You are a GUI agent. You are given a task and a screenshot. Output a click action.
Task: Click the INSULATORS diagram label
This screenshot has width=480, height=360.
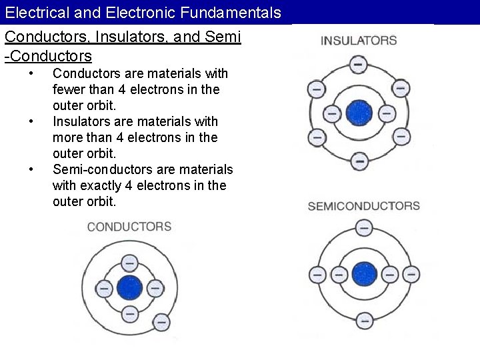click(359, 41)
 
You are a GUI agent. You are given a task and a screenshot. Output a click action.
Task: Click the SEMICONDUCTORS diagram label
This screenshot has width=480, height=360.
click(364, 206)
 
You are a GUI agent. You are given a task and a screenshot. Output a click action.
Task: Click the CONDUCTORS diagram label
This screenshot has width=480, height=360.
click(129, 227)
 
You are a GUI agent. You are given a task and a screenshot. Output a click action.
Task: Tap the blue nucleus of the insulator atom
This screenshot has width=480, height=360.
click(359, 113)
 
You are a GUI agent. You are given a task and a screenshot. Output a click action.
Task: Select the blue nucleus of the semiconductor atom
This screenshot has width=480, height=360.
click(364, 274)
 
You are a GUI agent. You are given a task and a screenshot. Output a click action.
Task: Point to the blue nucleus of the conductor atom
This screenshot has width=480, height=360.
click(129, 288)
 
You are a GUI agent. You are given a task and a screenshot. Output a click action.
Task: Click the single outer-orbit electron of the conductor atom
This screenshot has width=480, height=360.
click(161, 322)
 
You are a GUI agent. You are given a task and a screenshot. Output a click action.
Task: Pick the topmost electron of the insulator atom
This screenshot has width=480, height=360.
click(359, 65)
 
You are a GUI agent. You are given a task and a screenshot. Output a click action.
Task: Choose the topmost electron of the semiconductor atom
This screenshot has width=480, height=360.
click(364, 228)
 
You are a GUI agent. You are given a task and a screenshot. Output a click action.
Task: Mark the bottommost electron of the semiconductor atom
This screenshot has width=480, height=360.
click(364, 321)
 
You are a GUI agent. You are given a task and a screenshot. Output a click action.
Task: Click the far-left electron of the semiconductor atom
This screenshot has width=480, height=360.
click(317, 274)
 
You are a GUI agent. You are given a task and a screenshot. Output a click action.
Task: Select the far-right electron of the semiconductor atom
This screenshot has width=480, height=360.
click(411, 274)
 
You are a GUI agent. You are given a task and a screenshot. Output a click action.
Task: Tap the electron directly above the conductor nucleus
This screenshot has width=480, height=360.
click(129, 263)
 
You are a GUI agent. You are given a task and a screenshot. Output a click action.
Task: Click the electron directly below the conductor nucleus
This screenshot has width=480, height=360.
click(129, 313)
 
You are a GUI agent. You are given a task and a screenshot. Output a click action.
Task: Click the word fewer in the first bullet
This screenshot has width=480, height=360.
click(69, 89)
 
